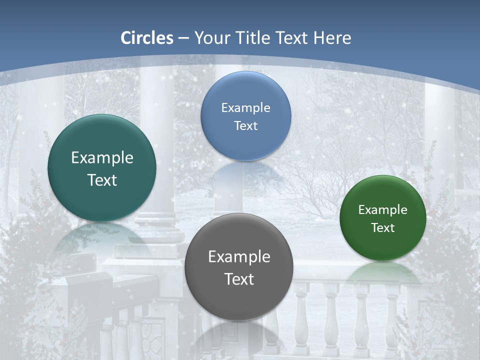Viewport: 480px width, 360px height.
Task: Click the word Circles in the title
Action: pyautogui.click(x=147, y=38)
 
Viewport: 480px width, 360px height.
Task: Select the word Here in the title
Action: pyautogui.click(x=332, y=38)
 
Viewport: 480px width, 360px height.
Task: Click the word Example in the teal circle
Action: pyautogui.click(x=102, y=158)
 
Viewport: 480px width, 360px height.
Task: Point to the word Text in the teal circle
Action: pyautogui.click(x=102, y=180)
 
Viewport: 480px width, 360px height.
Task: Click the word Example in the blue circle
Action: pyautogui.click(x=246, y=107)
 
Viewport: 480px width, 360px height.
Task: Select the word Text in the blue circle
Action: pyautogui.click(x=246, y=125)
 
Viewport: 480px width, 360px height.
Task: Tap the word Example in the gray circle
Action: pyautogui.click(x=239, y=256)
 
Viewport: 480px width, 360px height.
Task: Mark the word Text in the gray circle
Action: pyautogui.click(x=239, y=279)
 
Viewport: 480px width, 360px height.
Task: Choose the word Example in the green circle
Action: pyautogui.click(x=383, y=209)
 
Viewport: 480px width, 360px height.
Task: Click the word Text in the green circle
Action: pyautogui.click(x=383, y=227)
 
